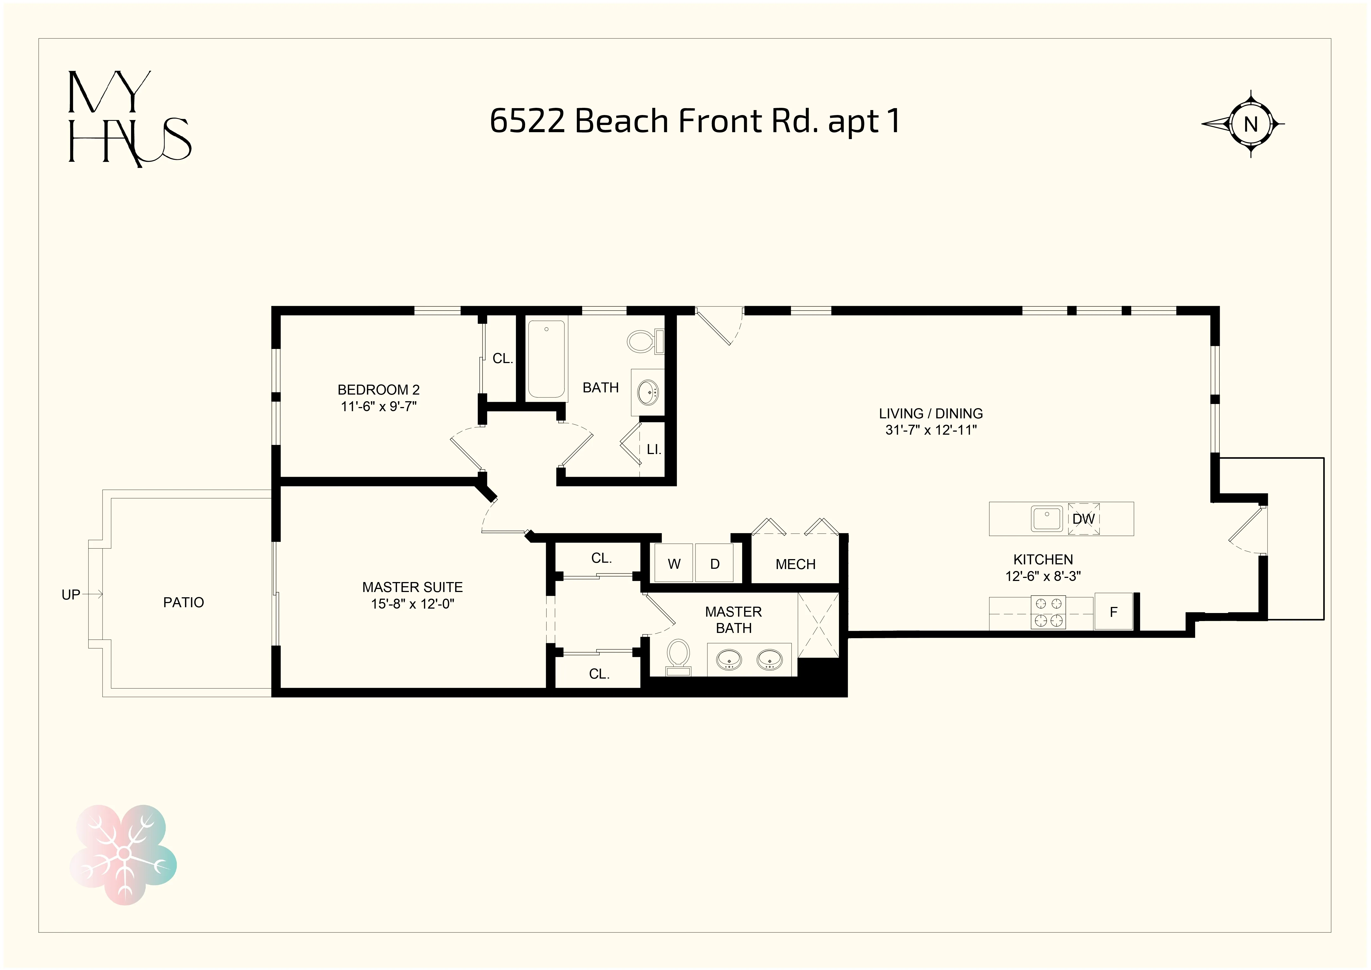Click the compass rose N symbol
1250,124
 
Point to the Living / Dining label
930,413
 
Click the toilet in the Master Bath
678,656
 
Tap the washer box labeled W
674,563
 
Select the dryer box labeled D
715,563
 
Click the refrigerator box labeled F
1113,612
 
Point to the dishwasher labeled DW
1083,518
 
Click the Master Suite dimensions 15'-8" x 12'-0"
412,604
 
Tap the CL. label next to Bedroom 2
502,358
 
